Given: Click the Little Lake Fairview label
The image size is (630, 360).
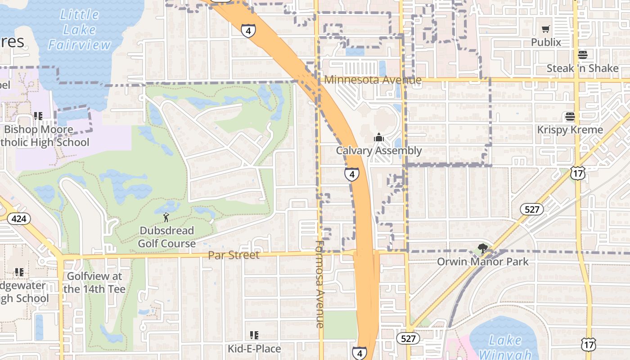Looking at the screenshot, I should click(79, 30).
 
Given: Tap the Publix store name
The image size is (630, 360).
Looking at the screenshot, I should click(546, 42).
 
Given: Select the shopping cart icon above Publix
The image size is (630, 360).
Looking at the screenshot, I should click(546, 29).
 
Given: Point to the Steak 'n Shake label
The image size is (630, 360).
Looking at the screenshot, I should click(582, 68).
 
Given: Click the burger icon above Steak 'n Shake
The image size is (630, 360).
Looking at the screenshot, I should click(583, 55).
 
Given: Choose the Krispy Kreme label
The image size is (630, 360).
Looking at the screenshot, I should click(570, 130).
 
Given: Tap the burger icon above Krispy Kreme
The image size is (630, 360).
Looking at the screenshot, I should click(570, 117).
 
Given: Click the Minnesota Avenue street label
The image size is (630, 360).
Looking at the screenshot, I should click(373, 80).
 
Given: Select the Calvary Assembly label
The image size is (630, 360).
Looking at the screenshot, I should click(379, 151).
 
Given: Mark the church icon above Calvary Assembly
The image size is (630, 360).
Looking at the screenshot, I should click(379, 137).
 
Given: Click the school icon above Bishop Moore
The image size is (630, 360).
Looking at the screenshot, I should click(38, 116).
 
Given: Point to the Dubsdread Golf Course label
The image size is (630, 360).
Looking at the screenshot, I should click(166, 237).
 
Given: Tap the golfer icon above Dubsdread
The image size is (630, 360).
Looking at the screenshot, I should click(166, 218).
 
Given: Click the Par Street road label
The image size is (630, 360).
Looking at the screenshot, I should click(234, 255).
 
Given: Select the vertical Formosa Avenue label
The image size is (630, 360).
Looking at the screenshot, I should click(320, 284).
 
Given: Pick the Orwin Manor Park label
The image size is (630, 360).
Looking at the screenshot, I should click(483, 262).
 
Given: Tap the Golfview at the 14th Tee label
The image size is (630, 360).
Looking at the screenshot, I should click(94, 283).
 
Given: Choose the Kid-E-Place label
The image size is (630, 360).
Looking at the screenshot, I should click(254, 349).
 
